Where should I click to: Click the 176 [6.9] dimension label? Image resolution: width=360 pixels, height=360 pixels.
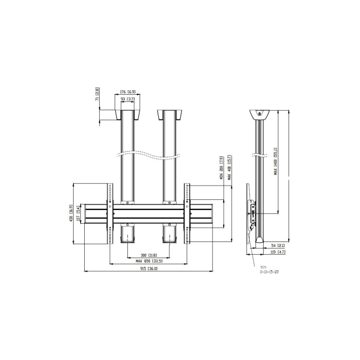128,92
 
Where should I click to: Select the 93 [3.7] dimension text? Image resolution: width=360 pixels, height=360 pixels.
128,99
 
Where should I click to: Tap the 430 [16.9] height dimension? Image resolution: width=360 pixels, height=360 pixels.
71,212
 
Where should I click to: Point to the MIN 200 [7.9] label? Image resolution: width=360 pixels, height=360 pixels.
221,168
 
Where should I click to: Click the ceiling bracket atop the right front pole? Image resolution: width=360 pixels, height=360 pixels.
169,115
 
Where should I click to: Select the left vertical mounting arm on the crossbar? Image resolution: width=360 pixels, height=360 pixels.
110,213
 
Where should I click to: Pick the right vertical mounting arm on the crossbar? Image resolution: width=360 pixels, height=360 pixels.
187,213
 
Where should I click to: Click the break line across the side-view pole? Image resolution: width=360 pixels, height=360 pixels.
259,153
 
